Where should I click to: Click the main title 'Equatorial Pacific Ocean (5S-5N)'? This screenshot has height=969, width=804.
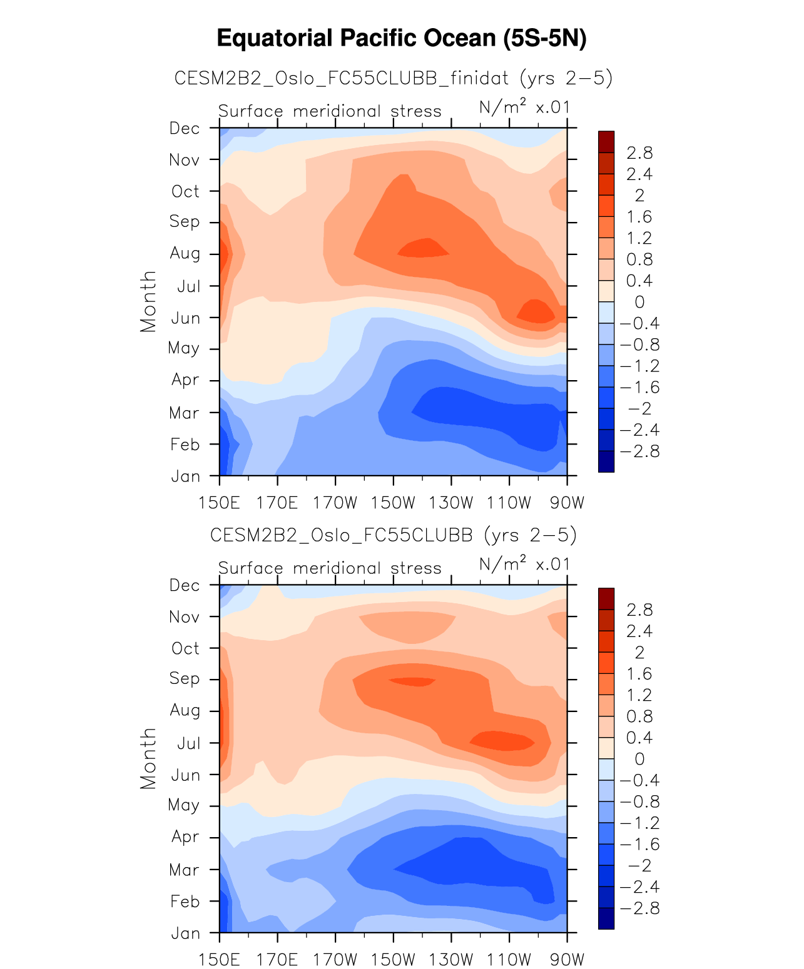(x=402, y=39)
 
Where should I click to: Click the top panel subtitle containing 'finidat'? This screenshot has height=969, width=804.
(x=393, y=79)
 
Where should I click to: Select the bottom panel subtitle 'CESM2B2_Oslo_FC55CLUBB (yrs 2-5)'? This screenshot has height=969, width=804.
(x=393, y=536)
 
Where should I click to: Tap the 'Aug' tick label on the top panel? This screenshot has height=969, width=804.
(x=185, y=254)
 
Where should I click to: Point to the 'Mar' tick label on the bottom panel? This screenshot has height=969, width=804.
(x=185, y=870)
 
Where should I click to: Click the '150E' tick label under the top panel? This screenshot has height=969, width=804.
(x=220, y=503)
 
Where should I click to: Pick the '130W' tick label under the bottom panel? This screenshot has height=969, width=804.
(x=451, y=960)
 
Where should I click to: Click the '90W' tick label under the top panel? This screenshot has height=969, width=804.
(x=567, y=503)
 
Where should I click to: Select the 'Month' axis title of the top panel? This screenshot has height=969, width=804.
(x=148, y=301)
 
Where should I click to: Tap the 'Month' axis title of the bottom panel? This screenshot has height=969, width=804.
(x=148, y=758)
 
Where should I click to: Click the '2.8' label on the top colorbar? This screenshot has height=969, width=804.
(x=639, y=153)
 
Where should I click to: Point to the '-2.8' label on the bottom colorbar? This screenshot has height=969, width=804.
(x=639, y=908)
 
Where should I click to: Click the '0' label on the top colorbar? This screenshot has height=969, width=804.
(x=639, y=303)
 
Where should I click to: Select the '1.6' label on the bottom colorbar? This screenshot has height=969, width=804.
(x=639, y=674)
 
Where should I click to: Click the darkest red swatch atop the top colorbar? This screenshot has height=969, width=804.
(x=606, y=142)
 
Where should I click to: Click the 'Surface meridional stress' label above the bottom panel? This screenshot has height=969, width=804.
(x=330, y=568)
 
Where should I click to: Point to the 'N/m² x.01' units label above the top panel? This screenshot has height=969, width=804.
(x=524, y=108)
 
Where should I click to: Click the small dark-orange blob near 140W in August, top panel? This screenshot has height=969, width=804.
(x=424, y=248)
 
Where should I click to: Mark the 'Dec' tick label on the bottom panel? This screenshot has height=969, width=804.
(x=185, y=586)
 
